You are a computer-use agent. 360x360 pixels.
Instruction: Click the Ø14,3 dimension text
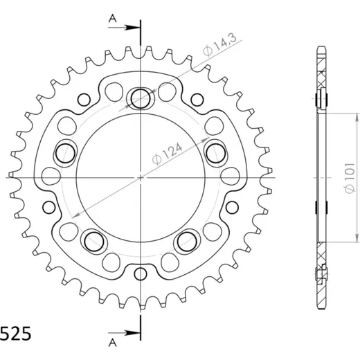tap(219, 45)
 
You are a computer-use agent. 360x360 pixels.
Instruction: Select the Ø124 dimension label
tap(168, 154)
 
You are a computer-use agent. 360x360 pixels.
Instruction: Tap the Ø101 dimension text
tap(350, 178)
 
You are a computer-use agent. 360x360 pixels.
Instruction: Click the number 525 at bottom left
tap(16, 334)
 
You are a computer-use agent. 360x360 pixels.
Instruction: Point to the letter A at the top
tap(113, 19)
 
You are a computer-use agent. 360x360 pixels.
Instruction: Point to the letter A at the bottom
tap(113, 343)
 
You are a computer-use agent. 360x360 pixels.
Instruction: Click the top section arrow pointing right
tap(124, 28)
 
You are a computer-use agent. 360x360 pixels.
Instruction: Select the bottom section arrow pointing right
tap(124, 333)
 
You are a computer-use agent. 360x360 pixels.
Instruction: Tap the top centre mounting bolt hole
tap(141, 98)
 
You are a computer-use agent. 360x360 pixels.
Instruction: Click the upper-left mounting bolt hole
tap(66, 153)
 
